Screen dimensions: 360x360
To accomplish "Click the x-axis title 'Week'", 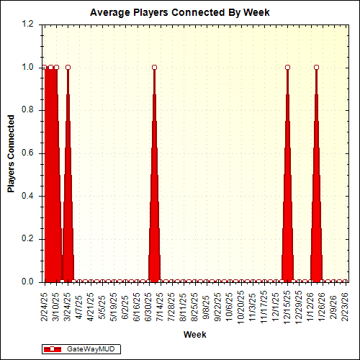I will coord(194,335).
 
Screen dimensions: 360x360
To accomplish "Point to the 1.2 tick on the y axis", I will coord(29,24).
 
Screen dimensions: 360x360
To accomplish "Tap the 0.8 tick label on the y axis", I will coord(29,110).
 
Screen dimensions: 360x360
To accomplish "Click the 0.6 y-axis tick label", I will coord(29,153).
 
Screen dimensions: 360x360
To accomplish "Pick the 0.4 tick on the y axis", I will coord(29,196).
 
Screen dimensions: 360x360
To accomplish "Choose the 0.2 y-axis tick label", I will coord(29,239).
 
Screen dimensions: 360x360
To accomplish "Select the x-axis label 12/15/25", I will coord(288,304).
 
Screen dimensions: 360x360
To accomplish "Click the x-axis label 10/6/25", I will coord(230,304).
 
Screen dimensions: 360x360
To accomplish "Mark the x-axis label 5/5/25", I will coord(102,304).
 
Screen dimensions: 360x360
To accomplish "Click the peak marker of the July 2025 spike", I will coord(155,67).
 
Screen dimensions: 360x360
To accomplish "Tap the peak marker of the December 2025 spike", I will coord(288,67).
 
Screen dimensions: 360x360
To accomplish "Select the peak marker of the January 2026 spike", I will coord(317,67).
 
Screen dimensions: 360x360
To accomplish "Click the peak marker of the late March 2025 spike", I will coord(68,67).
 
